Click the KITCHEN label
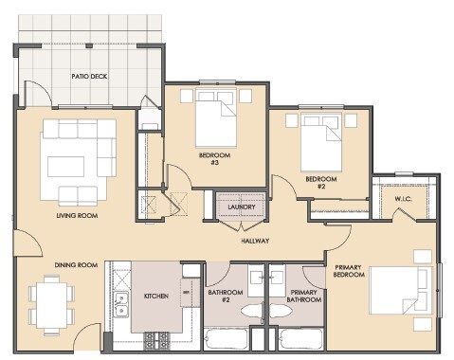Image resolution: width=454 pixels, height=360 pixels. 155,296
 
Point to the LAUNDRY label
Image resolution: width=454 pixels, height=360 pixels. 242,206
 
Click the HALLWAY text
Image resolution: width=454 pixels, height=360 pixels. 255,241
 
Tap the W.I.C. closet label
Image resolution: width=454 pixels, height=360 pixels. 402,199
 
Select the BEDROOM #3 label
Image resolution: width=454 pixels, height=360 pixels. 209,159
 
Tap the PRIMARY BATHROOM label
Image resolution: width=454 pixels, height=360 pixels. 304,296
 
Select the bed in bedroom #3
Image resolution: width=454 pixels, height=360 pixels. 218,122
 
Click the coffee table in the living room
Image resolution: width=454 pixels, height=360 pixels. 71,167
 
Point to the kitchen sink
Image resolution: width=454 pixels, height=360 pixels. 121,303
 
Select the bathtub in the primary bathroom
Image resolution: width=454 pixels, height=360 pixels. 299,341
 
